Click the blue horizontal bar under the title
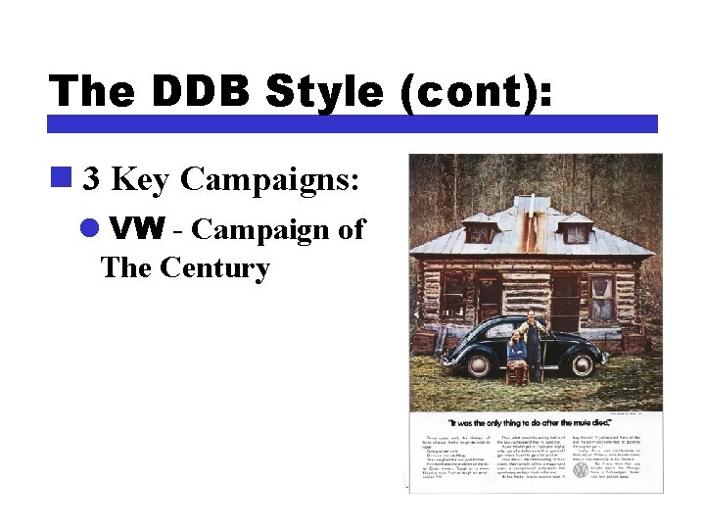[352, 124]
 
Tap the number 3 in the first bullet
[91, 179]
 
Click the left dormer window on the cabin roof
[479, 230]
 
